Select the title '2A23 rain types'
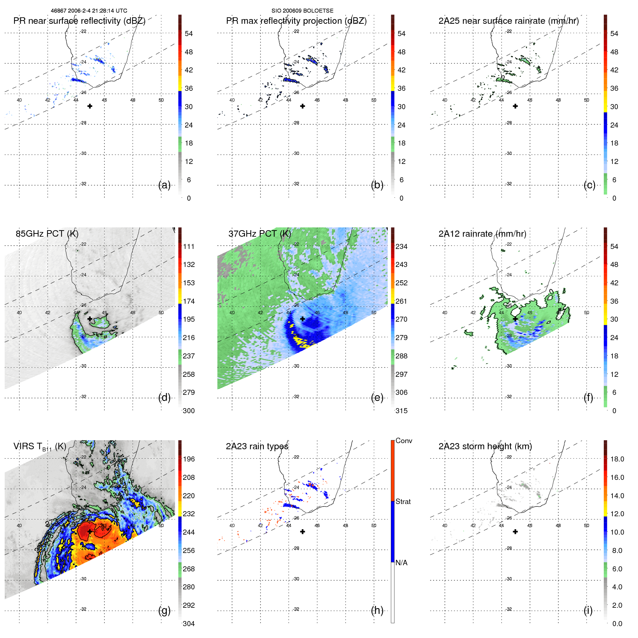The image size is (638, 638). tap(257, 446)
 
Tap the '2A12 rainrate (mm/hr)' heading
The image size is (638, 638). tap(482, 234)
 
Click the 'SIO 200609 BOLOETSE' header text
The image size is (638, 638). tap(302, 11)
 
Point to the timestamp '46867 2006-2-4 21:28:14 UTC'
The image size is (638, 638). tap(89, 11)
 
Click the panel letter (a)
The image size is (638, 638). tap(164, 185)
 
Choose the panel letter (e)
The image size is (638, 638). tap(377, 398)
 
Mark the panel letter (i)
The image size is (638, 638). tap(588, 610)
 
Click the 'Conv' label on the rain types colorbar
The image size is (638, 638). tap(403, 441)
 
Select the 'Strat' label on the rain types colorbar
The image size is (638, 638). tap(403, 502)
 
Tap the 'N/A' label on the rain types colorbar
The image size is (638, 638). tap(401, 563)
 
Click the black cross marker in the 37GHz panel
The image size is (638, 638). tap(303, 319)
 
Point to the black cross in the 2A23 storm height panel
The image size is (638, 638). tap(515, 532)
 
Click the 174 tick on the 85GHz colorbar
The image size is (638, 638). tap(188, 301)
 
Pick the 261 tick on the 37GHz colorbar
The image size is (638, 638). tap(401, 301)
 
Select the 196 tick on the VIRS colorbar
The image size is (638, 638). tap(188, 459)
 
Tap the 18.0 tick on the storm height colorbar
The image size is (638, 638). tap(617, 459)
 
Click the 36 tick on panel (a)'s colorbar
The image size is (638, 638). tap(188, 88)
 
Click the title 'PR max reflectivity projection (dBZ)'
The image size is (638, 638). tap(296, 21)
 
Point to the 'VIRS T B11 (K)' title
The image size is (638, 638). tap(40, 447)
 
